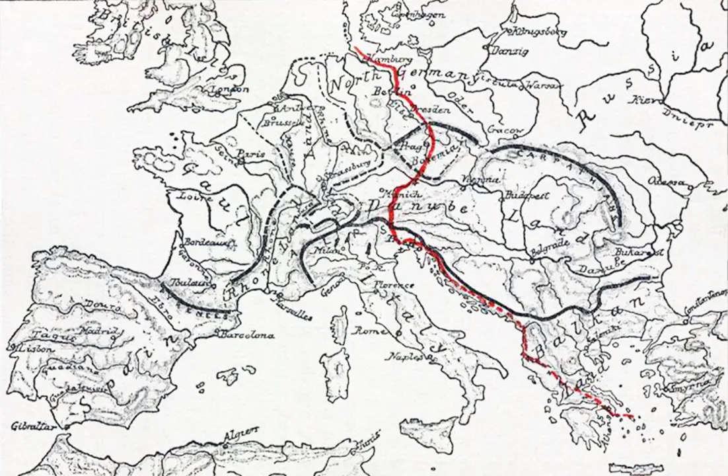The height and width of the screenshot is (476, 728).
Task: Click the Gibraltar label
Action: [31, 426]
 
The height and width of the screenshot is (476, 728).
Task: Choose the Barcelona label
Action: [248, 335]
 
